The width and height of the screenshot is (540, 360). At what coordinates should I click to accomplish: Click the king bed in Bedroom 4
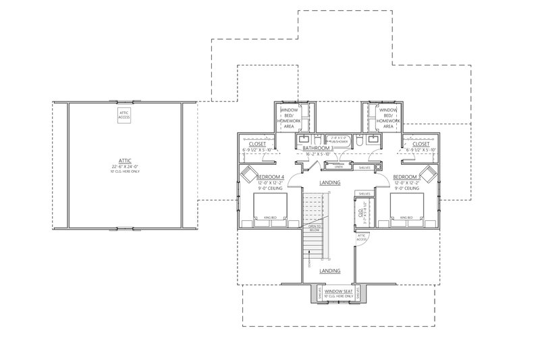pyautogui.click(x=269, y=209)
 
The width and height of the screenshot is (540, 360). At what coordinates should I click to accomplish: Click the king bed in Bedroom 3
pyautogui.click(x=406, y=209)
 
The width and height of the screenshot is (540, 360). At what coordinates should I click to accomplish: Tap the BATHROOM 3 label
pyautogui.click(x=317, y=147)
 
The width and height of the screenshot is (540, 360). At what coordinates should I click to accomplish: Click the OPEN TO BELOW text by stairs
pyautogui.click(x=313, y=228)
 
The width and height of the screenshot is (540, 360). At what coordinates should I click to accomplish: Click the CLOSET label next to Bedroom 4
pyautogui.click(x=258, y=144)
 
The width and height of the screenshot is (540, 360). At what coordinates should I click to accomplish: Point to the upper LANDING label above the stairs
pyautogui.click(x=330, y=182)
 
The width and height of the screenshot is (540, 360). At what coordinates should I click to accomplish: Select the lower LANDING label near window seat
pyautogui.click(x=330, y=270)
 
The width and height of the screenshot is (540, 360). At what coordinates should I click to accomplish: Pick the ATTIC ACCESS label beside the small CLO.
pyautogui.click(x=362, y=237)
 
